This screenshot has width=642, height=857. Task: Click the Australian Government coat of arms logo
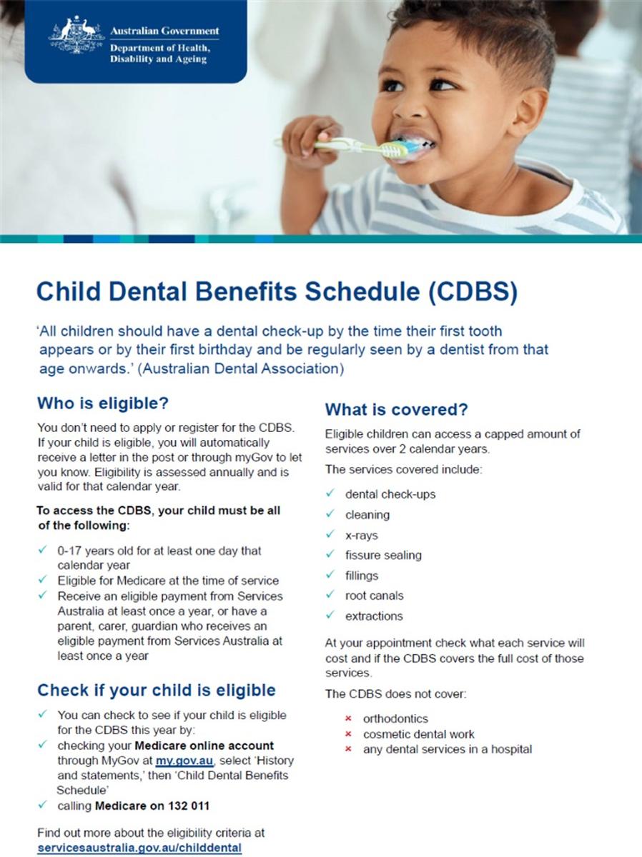(76, 34)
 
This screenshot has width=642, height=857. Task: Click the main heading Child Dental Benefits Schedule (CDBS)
(277, 292)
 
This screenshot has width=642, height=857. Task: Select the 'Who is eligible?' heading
(103, 403)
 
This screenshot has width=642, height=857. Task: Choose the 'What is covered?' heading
(396, 409)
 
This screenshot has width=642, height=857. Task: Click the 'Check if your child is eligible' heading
(157, 691)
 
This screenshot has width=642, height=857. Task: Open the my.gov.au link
(184, 761)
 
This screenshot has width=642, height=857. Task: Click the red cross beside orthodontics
(348, 718)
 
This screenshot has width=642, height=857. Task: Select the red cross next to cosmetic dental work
(348, 734)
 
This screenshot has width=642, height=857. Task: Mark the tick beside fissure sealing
(330, 553)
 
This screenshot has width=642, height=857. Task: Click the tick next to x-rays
(330, 533)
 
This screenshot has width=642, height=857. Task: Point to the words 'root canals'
(374, 596)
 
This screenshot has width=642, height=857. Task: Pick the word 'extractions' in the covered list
(374, 616)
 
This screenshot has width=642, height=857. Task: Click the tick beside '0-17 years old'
(43, 549)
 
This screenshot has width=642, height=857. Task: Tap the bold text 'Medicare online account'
(204, 746)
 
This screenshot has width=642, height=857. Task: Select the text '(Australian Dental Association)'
(242, 369)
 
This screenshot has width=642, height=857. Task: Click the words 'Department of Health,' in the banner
(160, 48)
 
